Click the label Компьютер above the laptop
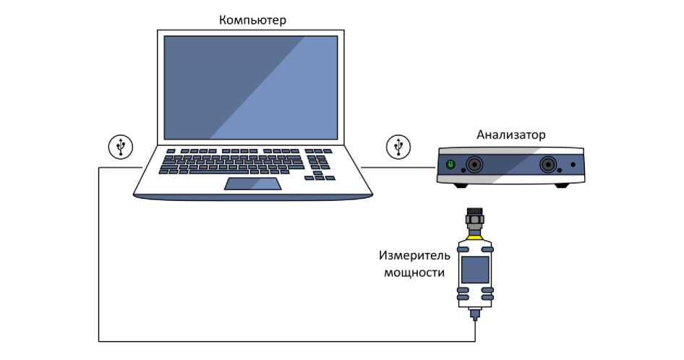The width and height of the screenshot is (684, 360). [252, 20]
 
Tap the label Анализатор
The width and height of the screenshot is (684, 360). [510, 134]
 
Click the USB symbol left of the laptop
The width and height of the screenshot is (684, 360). [121, 147]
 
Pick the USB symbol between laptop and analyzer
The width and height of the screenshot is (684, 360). [397, 147]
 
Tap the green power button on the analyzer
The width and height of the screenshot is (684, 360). [450, 165]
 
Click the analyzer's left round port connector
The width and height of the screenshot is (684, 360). [474, 165]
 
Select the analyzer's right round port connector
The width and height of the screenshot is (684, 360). [547, 165]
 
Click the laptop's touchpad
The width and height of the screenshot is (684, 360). [253, 183]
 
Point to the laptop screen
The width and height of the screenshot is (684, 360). [251, 87]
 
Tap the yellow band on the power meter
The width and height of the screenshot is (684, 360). [475, 235]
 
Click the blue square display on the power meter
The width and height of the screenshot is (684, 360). [475, 269]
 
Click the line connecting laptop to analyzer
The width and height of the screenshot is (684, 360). [397, 168]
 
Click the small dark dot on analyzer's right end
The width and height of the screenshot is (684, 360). [573, 165]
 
